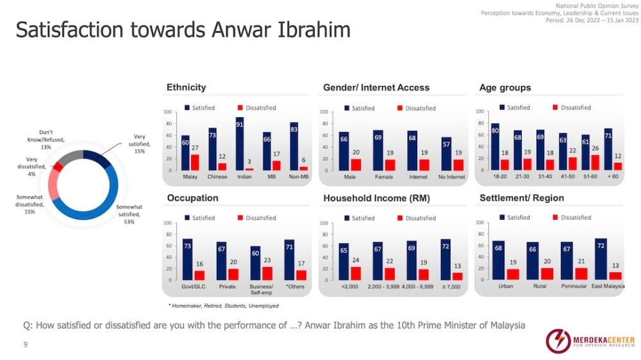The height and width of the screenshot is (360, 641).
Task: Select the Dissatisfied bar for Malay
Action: [x=195, y=162]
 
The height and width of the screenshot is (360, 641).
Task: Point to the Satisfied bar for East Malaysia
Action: [x=601, y=259]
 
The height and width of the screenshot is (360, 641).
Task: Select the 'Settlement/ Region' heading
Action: [x=522, y=198]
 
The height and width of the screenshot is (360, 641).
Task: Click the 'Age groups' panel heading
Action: [x=505, y=87]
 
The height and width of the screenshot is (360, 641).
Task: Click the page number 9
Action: [x=26, y=345]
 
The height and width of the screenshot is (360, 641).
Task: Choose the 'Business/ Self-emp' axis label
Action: [x=261, y=289]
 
